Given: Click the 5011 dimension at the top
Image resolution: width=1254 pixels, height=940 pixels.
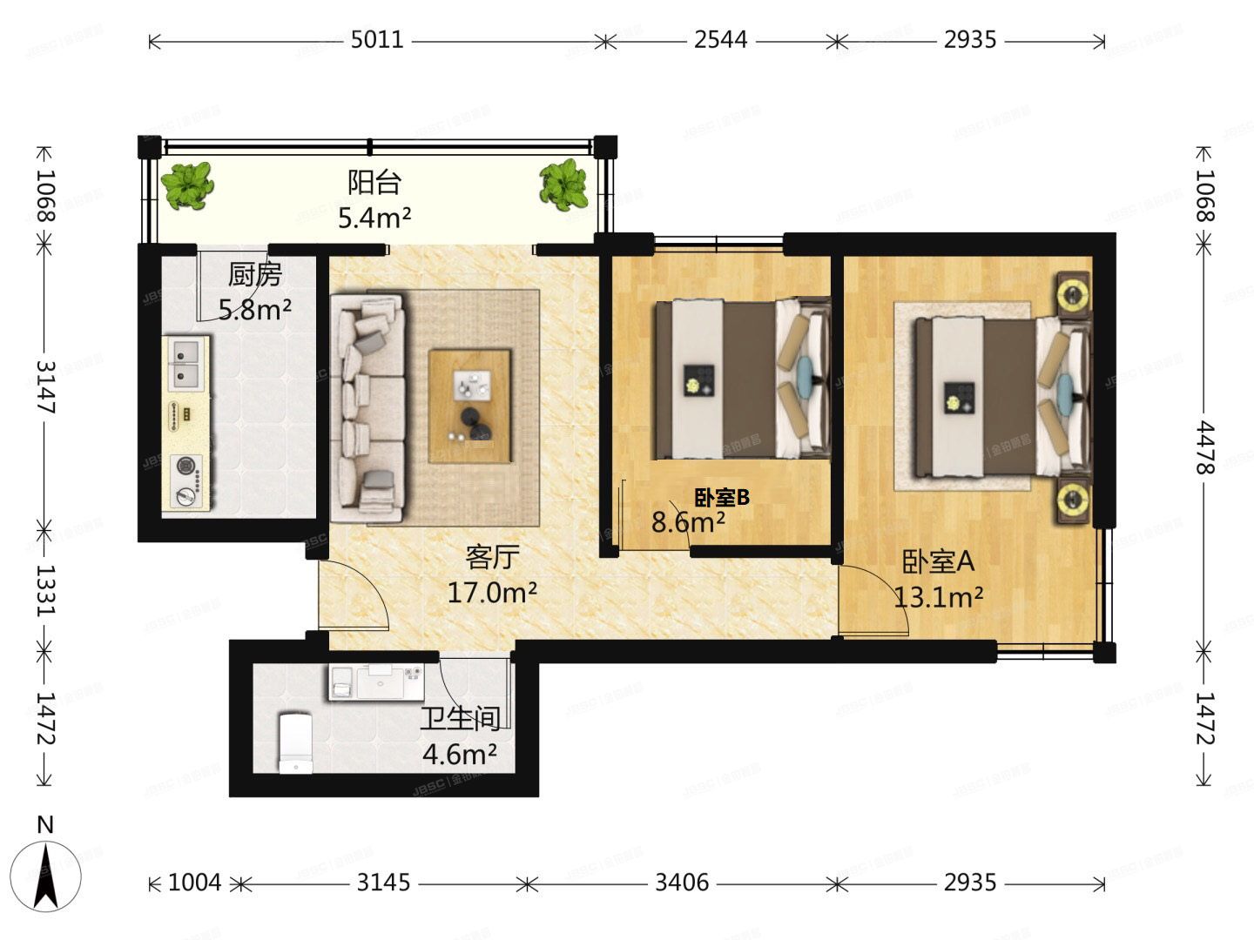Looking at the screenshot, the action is point(377,40).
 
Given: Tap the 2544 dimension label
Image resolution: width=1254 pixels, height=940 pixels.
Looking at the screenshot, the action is point(720,40).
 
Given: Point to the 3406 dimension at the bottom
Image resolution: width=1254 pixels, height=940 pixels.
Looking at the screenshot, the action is point(682,883).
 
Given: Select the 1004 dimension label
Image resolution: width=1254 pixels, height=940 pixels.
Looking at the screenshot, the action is point(194,883).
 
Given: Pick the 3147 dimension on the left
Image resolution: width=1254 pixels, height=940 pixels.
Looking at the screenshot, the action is point(45,387).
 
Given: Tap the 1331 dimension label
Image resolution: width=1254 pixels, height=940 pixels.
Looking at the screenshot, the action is point(45,591).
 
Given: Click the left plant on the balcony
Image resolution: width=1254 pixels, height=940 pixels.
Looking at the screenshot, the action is point(187,185).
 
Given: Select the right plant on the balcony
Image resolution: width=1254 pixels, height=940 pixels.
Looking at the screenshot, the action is point(564,185).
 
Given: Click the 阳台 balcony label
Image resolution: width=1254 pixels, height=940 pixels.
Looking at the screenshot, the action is point(374,183).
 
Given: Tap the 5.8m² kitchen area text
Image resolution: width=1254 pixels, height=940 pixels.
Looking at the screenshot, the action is point(255,310).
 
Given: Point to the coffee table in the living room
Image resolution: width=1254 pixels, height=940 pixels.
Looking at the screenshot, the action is point(469,406).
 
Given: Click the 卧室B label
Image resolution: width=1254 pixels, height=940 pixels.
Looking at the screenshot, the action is point(722,498).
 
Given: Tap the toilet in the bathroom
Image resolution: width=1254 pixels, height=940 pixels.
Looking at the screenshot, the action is point(295,742).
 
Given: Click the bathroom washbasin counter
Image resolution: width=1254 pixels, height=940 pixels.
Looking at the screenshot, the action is point(376,681).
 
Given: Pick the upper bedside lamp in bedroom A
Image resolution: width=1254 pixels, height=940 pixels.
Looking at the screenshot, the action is point(1074,295).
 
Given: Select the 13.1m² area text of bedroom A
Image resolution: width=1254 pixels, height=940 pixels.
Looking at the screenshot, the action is point(939,598).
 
